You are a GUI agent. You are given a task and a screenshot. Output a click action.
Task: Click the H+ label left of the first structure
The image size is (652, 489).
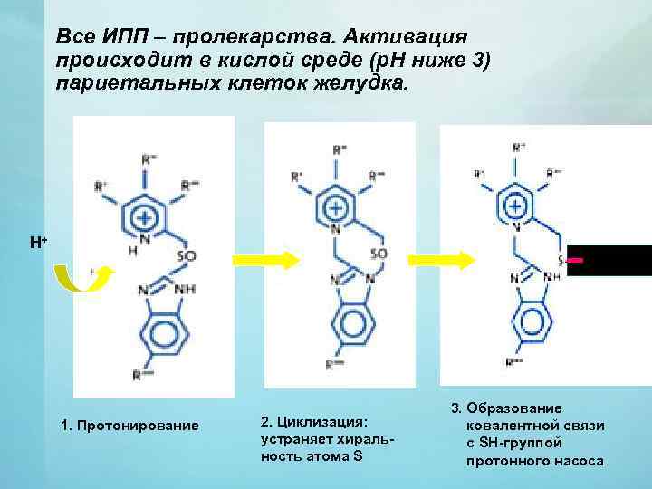(x=38, y=243)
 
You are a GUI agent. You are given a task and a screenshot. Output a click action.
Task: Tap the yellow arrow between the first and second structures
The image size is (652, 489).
(x=266, y=261)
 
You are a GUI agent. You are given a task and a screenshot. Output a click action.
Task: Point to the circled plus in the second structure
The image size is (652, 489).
(x=336, y=207)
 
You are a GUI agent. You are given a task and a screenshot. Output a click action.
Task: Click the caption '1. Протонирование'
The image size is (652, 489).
(x=129, y=426)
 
